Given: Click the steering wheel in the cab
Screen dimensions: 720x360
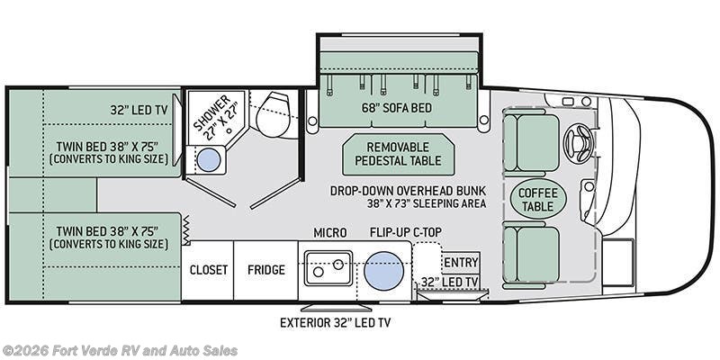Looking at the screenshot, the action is point(579,143).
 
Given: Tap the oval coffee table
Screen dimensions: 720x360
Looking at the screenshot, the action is point(538,200).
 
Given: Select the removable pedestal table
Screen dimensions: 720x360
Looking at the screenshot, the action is point(399,154).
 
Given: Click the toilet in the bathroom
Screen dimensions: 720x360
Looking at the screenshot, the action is point(273,114).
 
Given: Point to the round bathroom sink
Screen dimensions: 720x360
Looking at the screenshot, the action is point(209,160).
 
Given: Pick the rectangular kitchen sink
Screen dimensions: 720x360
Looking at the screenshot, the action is point(328,267).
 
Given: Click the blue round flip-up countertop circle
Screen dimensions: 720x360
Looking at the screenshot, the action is point(384,271).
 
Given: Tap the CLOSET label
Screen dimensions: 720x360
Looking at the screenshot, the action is point(209,269).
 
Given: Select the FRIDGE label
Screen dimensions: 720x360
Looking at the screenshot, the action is point(265,269).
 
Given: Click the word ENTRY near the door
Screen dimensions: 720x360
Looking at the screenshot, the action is point(461,262).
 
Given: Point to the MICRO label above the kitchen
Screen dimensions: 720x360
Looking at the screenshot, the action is point(330,233).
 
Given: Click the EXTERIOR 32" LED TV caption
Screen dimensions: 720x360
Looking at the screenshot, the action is point(335,322).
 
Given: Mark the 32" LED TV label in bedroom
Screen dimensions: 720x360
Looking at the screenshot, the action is point(139,110).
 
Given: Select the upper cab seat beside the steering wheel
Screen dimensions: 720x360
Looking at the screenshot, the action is point(531,142).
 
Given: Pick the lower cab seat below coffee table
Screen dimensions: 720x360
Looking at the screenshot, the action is point(531,255).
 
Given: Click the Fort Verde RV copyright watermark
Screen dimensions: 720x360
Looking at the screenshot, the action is point(120,351).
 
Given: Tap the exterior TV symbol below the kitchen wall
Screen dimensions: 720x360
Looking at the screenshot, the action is point(336,307).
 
